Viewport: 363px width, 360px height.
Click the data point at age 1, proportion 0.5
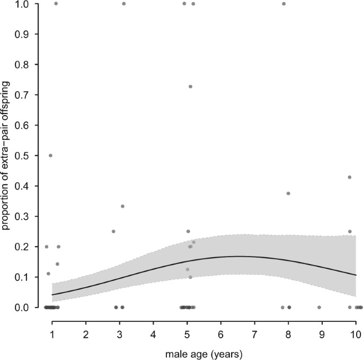coord(50,155)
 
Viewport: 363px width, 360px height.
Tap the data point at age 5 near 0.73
coord(190,86)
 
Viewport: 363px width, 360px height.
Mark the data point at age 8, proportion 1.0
coord(284,4)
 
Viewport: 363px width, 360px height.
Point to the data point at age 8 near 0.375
coord(288,194)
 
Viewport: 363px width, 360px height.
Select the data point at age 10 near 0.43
coord(350,177)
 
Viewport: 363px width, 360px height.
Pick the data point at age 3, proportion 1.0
coord(124,4)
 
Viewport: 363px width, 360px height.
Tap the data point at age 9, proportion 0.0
coord(319,308)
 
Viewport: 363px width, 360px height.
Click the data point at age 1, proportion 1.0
coord(56,4)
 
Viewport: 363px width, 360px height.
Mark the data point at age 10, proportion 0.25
coord(350,232)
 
